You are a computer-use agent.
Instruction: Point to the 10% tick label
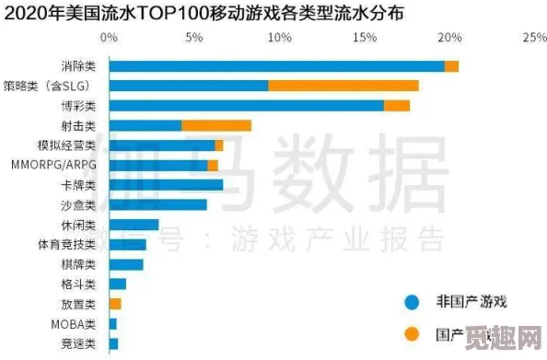pyautogui.click(x=278, y=39)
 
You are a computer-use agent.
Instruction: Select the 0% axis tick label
pyautogui.click(x=109, y=39)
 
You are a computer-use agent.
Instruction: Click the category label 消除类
pyautogui.click(x=78, y=66)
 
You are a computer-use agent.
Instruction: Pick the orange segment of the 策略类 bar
pyautogui.click(x=343, y=86)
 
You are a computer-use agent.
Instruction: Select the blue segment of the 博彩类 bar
pyautogui.click(x=246, y=106)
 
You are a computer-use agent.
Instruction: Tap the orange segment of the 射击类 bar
pyautogui.click(x=216, y=125)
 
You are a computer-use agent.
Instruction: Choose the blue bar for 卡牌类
pyautogui.click(x=166, y=185)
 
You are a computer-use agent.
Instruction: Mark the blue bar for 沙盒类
pyautogui.click(x=157, y=204)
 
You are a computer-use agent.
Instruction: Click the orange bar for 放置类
pyautogui.click(x=115, y=304)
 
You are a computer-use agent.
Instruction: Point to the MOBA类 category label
pyautogui.click(x=73, y=324)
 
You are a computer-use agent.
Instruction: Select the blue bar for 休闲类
pyautogui.click(x=134, y=225)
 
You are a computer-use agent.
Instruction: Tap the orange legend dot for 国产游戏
pyautogui.click(x=413, y=333)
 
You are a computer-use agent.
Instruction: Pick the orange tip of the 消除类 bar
pyautogui.click(x=451, y=66)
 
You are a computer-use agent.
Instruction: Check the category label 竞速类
pyautogui.click(x=78, y=343)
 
